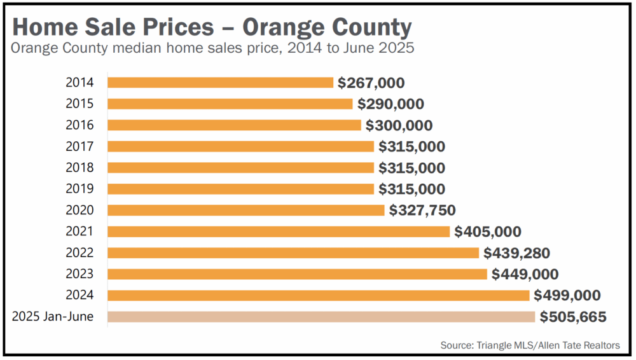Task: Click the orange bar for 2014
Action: click(220, 83)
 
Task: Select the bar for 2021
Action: click(279, 232)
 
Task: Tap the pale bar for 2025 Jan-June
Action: click(321, 317)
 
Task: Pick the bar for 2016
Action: click(234, 125)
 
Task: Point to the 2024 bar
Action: click(318, 295)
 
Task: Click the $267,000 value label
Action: click(371, 83)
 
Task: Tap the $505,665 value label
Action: click(573, 317)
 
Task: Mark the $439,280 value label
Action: click(516, 253)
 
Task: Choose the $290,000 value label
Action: click(391, 104)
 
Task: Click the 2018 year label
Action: click(79, 168)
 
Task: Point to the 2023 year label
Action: click(79, 274)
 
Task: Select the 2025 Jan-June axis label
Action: click(53, 317)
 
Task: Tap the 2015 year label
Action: click(79, 104)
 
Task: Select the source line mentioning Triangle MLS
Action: click(530, 345)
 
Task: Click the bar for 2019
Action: click(240, 189)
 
